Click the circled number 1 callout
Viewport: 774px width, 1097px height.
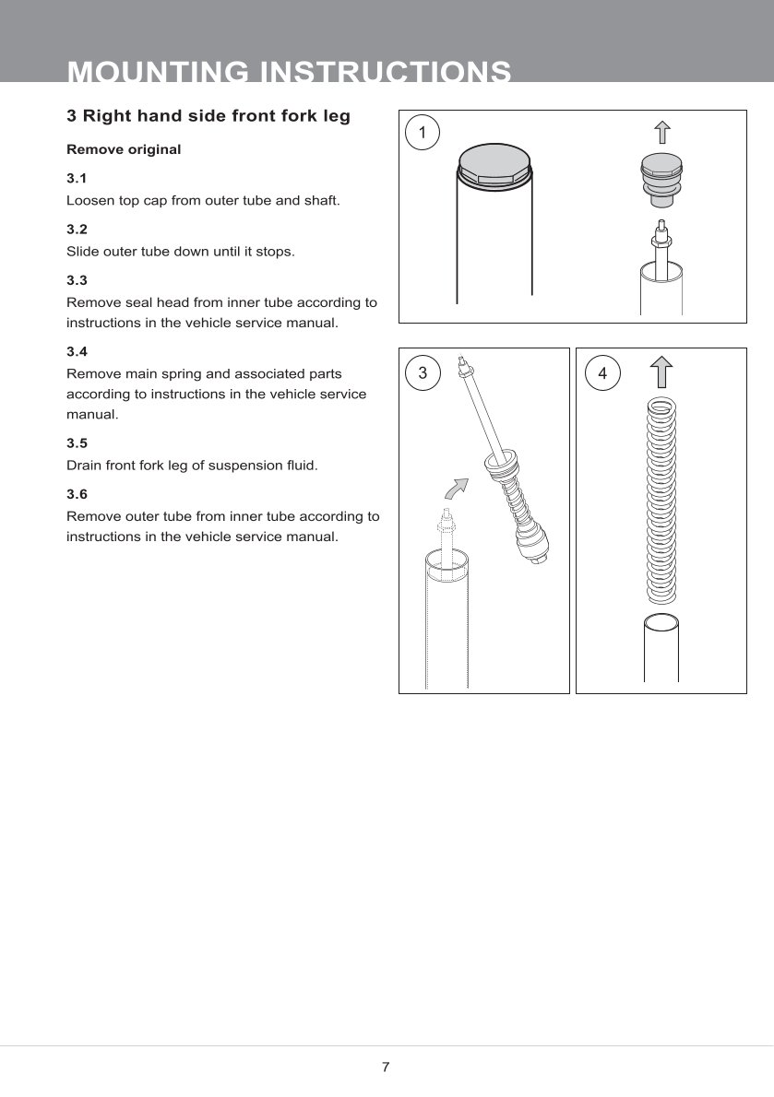pyautogui.click(x=423, y=133)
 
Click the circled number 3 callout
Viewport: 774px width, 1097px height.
pyautogui.click(x=423, y=373)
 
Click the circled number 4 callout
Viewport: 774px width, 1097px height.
pyautogui.click(x=602, y=373)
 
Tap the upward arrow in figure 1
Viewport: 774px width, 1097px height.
pyautogui.click(x=661, y=132)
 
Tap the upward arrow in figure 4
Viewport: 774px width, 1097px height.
pyautogui.click(x=661, y=372)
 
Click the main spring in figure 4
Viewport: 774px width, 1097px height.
pyautogui.click(x=661, y=498)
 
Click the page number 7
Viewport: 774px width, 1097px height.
pyautogui.click(x=386, y=1068)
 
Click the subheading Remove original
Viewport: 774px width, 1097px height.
pyautogui.click(x=124, y=149)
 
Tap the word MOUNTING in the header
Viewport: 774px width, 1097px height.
pyautogui.click(x=158, y=72)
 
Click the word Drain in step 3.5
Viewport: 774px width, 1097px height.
pyautogui.click(x=84, y=466)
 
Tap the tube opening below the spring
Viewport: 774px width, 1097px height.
pyautogui.click(x=661, y=625)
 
